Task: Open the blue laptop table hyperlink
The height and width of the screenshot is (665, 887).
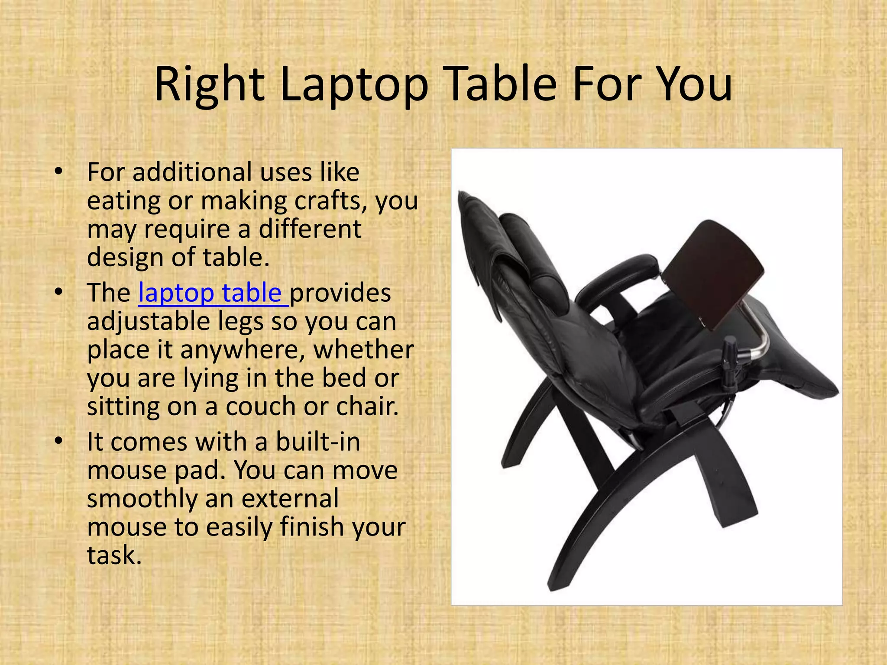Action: [213, 293]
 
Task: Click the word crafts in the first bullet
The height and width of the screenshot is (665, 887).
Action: [331, 201]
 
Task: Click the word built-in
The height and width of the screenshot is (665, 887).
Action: [318, 442]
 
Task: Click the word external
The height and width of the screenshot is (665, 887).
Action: [290, 498]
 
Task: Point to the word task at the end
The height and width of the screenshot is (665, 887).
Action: [114, 555]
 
